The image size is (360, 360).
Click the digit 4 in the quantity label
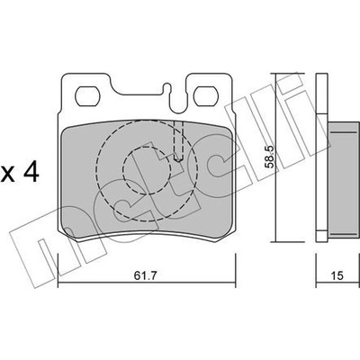(x=31, y=173)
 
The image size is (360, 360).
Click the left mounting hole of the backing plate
(x=87, y=96)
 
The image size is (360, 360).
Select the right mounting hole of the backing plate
(x=206, y=96)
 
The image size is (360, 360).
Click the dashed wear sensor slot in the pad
(x=178, y=141)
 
